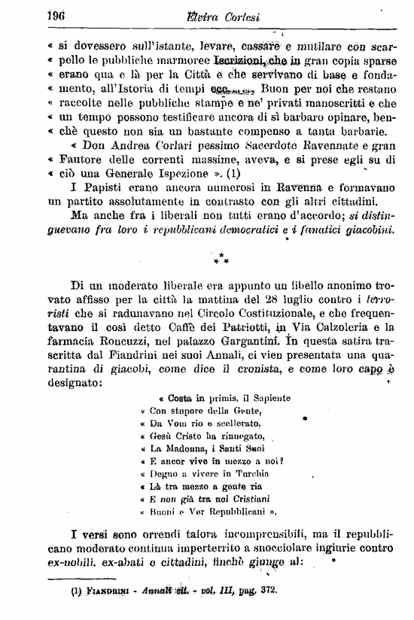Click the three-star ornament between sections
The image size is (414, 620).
click(x=221, y=260)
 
